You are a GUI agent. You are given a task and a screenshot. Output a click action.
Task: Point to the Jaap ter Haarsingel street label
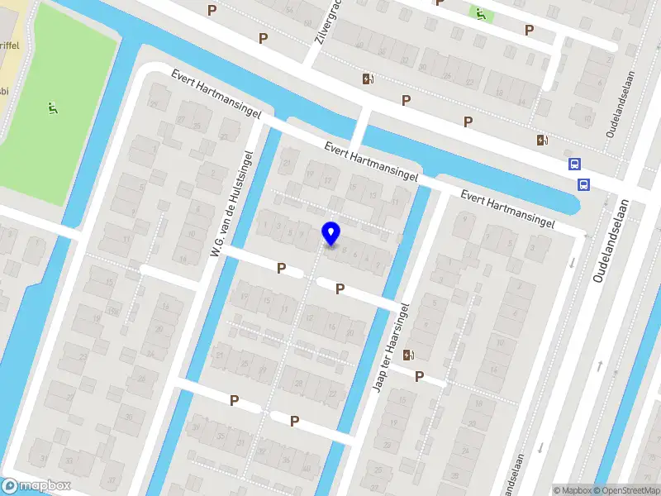392,346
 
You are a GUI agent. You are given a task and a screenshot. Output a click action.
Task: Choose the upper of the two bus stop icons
574,164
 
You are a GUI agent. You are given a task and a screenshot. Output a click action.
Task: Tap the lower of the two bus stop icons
583,184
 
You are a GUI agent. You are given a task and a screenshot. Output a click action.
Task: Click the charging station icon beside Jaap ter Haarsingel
408,355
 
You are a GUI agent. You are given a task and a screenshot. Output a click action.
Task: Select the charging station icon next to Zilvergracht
368,79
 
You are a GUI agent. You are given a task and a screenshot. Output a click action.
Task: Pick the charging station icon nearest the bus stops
542,140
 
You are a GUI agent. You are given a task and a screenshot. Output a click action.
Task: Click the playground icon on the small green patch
479,13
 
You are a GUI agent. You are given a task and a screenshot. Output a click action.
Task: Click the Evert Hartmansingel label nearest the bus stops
506,209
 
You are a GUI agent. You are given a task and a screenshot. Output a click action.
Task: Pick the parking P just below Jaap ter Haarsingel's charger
419,377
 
